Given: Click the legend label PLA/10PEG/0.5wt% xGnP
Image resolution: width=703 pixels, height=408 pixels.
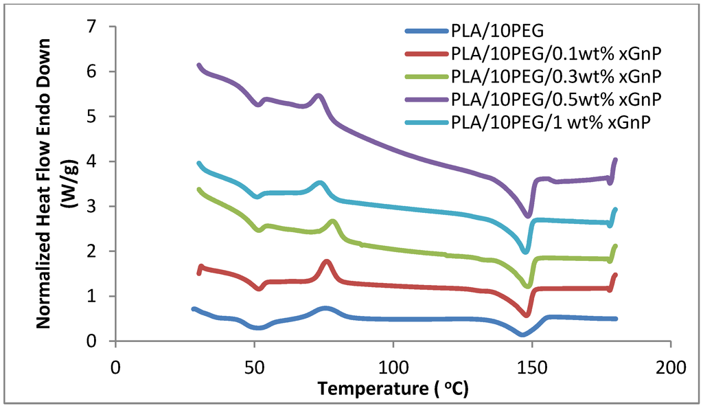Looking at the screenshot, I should click(556, 99).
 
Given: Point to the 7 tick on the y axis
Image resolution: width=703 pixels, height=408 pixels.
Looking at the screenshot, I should click(97, 27).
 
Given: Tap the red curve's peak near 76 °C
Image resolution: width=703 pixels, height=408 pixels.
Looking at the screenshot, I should click(327, 262).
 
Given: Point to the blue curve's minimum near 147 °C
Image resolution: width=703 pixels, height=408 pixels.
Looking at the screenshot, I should click(522, 334).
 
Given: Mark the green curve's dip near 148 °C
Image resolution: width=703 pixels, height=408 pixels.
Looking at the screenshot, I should click(527, 285).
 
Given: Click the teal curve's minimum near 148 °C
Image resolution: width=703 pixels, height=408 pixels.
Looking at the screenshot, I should click(525, 251).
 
